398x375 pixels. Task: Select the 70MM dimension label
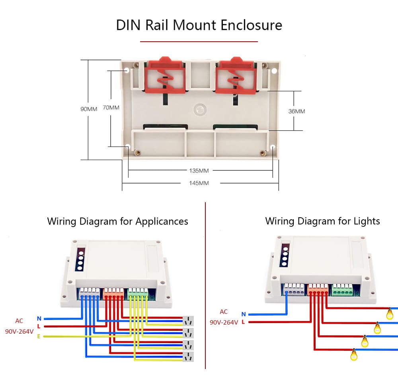(x=111, y=108)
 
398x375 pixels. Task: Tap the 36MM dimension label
(x=297, y=111)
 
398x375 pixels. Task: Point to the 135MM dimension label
(x=199, y=171)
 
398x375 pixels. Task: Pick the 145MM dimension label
(x=199, y=183)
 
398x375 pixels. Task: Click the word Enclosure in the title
(x=251, y=25)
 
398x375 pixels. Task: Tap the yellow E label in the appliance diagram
(x=39, y=336)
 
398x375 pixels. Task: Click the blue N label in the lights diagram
(x=244, y=314)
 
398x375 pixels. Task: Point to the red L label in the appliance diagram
(x=39, y=327)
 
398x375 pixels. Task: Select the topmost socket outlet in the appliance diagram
(x=187, y=320)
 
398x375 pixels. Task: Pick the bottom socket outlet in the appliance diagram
(x=187, y=356)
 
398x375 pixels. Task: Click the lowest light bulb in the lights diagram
(x=353, y=354)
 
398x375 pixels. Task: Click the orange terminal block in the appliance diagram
(x=114, y=294)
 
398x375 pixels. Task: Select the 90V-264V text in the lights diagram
(x=224, y=322)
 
